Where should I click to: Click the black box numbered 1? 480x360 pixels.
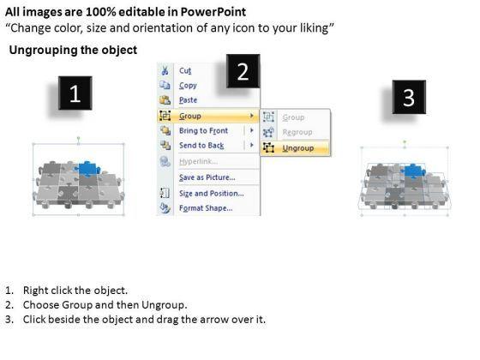pos(75,93)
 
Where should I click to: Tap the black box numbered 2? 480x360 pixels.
pos(243,71)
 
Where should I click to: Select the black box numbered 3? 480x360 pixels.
pos(409,98)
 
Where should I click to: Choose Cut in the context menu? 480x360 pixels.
pos(185,70)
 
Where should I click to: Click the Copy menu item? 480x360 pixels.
pos(188,86)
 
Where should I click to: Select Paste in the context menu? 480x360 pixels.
pos(188,100)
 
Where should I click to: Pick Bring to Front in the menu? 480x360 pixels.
pos(204,130)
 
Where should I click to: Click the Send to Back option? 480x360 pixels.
pos(201,146)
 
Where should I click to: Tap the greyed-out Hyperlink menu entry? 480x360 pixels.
pos(198,161)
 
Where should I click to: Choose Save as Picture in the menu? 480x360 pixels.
pos(207,177)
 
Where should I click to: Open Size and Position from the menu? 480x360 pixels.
pos(212,193)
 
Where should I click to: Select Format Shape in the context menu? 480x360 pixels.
pos(206,208)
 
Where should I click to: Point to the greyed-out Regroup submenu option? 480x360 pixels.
pos(297,132)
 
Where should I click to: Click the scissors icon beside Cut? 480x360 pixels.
pos(165,70)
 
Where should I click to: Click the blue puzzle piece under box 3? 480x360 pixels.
pos(413,171)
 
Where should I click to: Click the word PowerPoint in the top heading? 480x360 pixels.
pos(213,12)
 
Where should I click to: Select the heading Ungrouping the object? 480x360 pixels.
pos(73,50)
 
